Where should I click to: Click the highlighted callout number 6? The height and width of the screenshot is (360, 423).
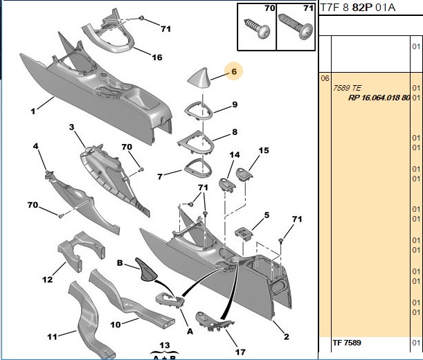(x=234, y=71)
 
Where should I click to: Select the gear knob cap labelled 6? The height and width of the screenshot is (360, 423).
(x=198, y=78)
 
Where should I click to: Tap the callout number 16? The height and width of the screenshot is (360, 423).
(x=157, y=57)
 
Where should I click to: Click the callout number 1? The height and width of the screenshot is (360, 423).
(x=33, y=111)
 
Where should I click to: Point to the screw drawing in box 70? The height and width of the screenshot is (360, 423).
(x=257, y=28)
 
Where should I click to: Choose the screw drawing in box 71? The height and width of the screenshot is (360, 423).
(x=296, y=26)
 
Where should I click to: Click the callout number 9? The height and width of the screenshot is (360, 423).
(x=235, y=105)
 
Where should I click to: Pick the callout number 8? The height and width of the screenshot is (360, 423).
(x=235, y=132)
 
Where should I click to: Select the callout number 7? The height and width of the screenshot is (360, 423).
(x=160, y=177)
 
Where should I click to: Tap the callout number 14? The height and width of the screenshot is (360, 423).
(x=235, y=154)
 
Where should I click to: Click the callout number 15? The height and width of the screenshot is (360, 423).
(x=264, y=150)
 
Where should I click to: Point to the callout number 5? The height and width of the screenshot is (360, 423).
(x=267, y=215)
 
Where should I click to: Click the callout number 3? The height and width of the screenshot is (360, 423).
(x=71, y=127)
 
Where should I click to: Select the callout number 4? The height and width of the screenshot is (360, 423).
(x=35, y=146)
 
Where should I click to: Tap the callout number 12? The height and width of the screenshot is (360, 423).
(x=48, y=279)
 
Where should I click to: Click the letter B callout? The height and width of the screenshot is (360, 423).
(x=120, y=263)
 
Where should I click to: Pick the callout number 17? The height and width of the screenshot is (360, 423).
(x=240, y=352)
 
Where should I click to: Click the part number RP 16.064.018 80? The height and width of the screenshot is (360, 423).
(x=379, y=98)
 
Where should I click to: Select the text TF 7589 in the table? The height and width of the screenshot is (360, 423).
(x=347, y=343)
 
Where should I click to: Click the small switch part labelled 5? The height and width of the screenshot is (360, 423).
(x=244, y=233)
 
